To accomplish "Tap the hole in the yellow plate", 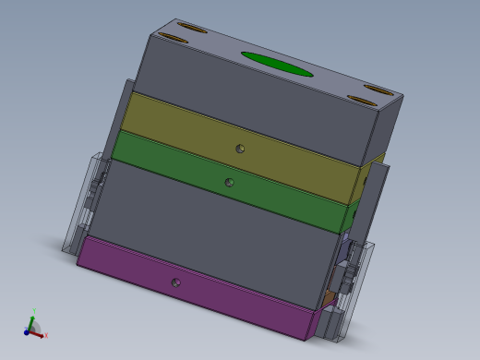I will coord(240,148).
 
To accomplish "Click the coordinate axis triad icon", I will coord(33,325).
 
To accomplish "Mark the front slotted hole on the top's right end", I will coord(358,99).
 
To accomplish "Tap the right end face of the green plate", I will coord(350,217).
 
